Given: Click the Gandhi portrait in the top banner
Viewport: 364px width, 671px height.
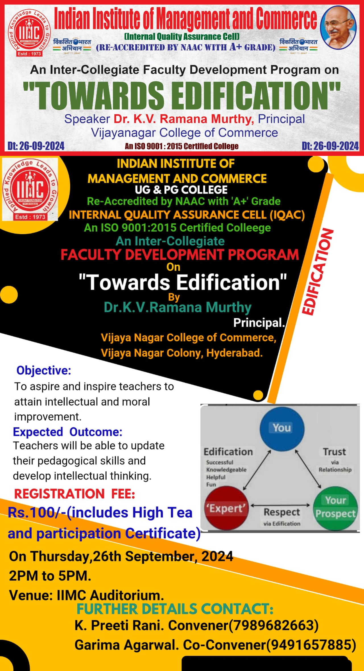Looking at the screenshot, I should pyautogui.click(x=338, y=28).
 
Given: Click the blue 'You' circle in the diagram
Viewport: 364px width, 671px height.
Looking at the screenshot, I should pyautogui.click(x=282, y=429).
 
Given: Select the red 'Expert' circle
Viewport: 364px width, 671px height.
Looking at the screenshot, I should pyautogui.click(x=226, y=508).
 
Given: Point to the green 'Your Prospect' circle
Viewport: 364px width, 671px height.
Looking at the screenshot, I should pyautogui.click(x=335, y=508).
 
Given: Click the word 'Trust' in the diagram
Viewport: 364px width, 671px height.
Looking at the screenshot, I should pyautogui.click(x=334, y=452).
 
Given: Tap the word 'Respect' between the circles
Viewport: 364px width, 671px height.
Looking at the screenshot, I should pyautogui.click(x=282, y=512).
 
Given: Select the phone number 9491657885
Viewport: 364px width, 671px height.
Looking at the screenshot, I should pyautogui.click(x=311, y=645).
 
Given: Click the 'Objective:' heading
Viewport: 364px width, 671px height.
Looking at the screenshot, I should pyautogui.click(x=44, y=370).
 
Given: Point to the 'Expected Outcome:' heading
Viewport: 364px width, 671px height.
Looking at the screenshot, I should pyautogui.click(x=68, y=432).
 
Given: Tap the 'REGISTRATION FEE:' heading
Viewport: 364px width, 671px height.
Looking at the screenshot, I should pyautogui.click(x=75, y=494).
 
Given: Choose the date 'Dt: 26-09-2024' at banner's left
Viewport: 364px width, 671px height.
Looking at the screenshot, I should pyautogui.click(x=36, y=146).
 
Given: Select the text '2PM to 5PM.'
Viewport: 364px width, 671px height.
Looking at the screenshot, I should pyautogui.click(x=50, y=576).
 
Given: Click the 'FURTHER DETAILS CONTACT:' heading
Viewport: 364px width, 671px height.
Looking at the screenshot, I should pyautogui.click(x=175, y=609).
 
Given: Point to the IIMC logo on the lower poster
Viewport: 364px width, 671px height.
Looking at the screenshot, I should pyautogui.click(x=30, y=189).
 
